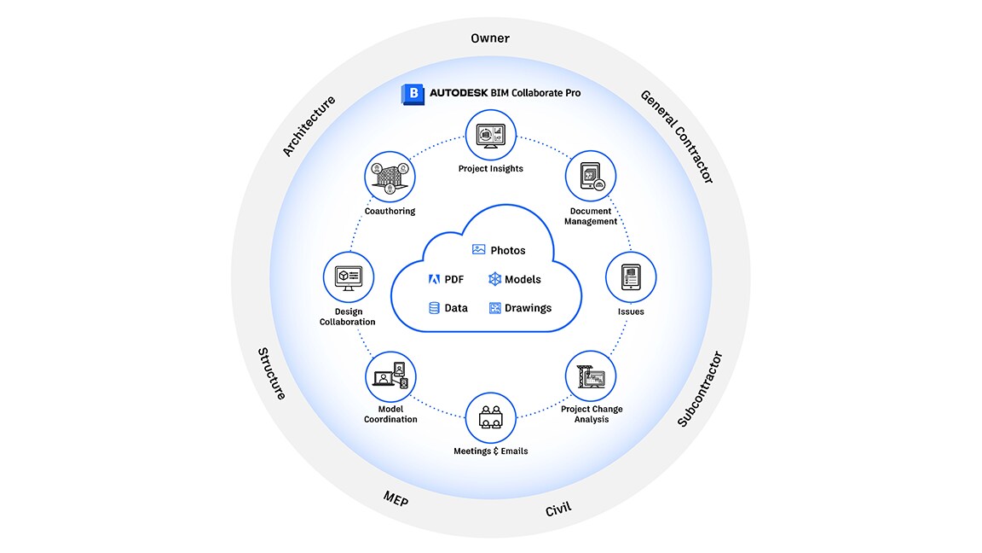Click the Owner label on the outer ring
(490, 38)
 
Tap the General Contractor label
(677, 137)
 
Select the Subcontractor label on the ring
(700, 389)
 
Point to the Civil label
(558, 509)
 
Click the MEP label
(396, 498)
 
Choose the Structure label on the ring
(272, 373)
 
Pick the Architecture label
(309, 126)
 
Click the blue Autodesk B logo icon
(413, 93)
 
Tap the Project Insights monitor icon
(491, 135)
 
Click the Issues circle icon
(631, 277)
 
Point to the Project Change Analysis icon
(591, 376)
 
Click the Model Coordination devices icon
(390, 376)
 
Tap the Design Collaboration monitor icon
(349, 277)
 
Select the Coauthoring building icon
(390, 177)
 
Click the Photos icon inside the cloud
(479, 250)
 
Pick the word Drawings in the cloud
(528, 308)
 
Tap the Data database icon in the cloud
(434, 308)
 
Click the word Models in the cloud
(523, 279)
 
